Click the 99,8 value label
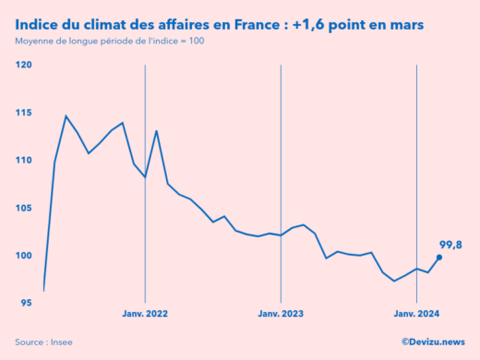click(x=450, y=244)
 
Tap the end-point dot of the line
click(x=439, y=258)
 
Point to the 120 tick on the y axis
click(x=24, y=65)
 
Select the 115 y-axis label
click(x=24, y=113)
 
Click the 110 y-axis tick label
click(x=24, y=160)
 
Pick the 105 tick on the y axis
click(x=24, y=208)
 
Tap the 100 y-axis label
click(x=24, y=256)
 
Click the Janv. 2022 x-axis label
click(x=145, y=315)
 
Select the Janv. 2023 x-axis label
click(x=281, y=315)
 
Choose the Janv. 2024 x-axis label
click(x=417, y=315)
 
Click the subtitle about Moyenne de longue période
click(x=110, y=42)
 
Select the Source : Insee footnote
click(x=43, y=342)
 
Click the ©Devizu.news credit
click(x=433, y=342)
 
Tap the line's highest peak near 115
click(x=66, y=116)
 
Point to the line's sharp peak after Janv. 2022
click(x=156, y=131)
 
